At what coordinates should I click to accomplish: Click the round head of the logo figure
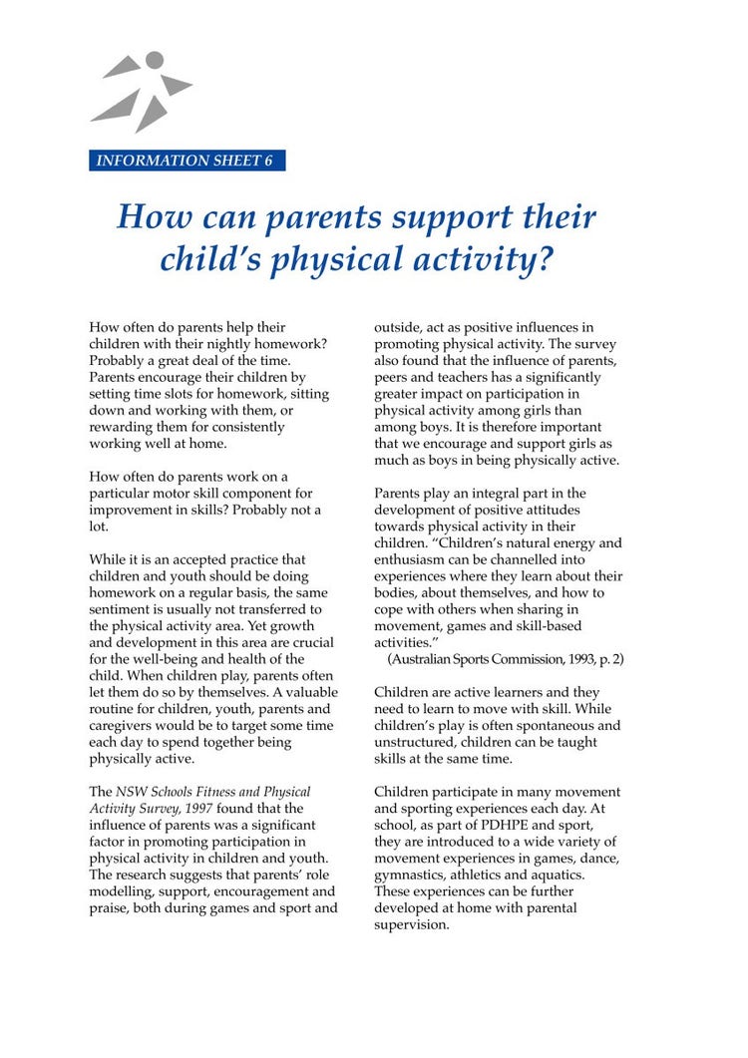[154, 61]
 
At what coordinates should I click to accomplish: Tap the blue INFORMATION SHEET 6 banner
[186, 161]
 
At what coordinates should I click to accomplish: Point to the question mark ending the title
[543, 259]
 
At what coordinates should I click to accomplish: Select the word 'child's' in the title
[211, 259]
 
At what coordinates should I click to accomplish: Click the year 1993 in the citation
[573, 660]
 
